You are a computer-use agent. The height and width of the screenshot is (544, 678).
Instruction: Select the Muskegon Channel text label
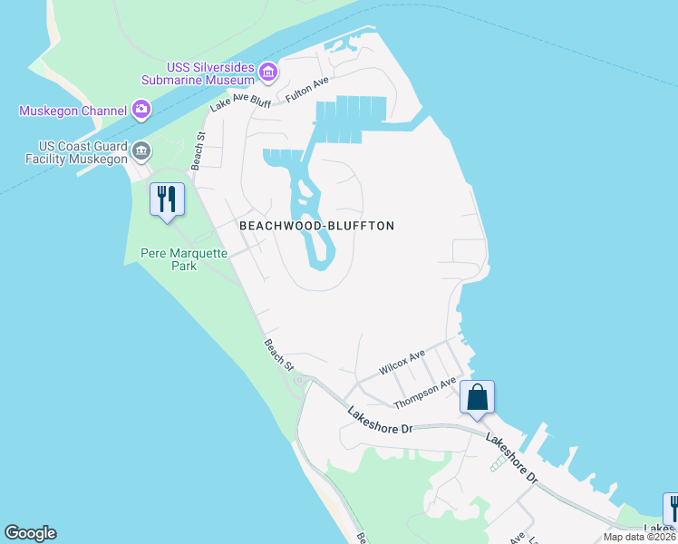coord(73,112)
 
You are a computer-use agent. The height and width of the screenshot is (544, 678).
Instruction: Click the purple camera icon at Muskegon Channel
coord(140,111)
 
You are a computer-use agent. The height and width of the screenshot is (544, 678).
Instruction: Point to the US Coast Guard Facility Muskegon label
coord(82,152)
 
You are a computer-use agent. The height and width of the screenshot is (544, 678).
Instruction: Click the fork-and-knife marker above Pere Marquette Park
coord(167,200)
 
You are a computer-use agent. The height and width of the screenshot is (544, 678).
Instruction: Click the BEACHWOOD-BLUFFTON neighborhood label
coord(316,226)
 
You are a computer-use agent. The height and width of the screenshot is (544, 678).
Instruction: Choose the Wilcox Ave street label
coord(402,363)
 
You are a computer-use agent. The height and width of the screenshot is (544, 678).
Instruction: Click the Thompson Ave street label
coord(424,393)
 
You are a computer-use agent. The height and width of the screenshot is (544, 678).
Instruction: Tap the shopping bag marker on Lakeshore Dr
coord(477,398)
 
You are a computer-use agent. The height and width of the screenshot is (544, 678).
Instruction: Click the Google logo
coord(30,533)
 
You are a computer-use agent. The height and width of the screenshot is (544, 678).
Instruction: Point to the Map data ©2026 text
coord(640,537)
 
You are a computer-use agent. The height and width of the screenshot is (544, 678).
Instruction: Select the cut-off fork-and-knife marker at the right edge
coord(671,510)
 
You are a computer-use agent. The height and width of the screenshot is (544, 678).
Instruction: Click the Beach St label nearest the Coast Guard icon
coord(199,150)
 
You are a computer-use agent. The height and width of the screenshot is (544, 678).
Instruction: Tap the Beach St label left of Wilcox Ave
coord(278,354)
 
